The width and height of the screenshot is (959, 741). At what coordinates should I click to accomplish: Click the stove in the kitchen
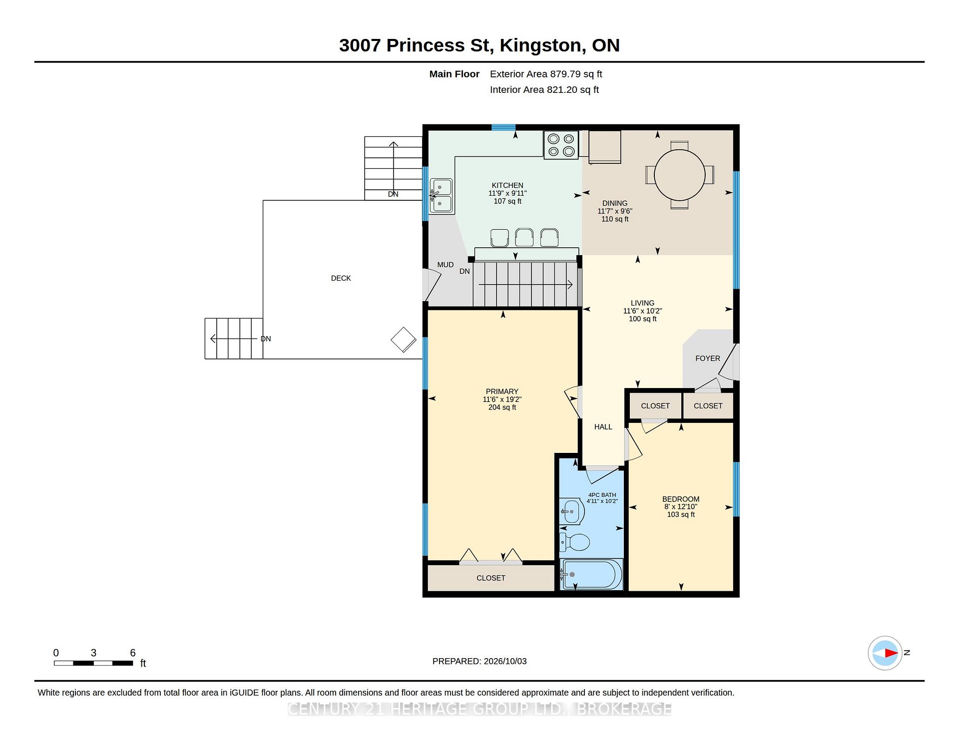point(561,145)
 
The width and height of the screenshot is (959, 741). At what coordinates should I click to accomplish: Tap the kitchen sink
point(442,196)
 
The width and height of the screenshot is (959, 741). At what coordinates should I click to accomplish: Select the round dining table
point(679,175)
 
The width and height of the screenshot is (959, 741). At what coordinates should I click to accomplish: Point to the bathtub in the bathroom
point(591,574)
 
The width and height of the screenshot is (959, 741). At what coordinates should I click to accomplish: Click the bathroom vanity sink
point(572,511)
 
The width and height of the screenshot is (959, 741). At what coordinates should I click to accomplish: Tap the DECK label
point(341,278)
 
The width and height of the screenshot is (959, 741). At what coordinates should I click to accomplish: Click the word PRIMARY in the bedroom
point(502,391)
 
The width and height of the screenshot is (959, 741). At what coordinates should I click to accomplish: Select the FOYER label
point(708,359)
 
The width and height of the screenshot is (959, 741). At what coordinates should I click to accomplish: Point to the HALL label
point(603,427)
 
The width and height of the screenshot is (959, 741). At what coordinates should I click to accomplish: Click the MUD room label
point(446,265)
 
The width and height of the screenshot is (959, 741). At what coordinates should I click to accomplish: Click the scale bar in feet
point(93,663)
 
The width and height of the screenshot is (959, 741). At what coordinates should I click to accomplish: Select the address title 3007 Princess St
point(416,45)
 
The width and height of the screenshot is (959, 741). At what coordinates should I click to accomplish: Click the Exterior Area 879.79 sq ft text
point(546,74)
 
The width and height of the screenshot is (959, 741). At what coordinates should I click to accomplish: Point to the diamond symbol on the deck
point(404,340)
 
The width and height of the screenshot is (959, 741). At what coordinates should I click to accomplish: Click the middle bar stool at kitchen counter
point(524,238)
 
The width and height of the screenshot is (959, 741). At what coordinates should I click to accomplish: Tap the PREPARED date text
point(479,661)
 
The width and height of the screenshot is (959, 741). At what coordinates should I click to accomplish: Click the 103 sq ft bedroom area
point(681,515)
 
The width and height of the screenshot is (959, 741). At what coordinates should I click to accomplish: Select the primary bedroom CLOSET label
point(491,578)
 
